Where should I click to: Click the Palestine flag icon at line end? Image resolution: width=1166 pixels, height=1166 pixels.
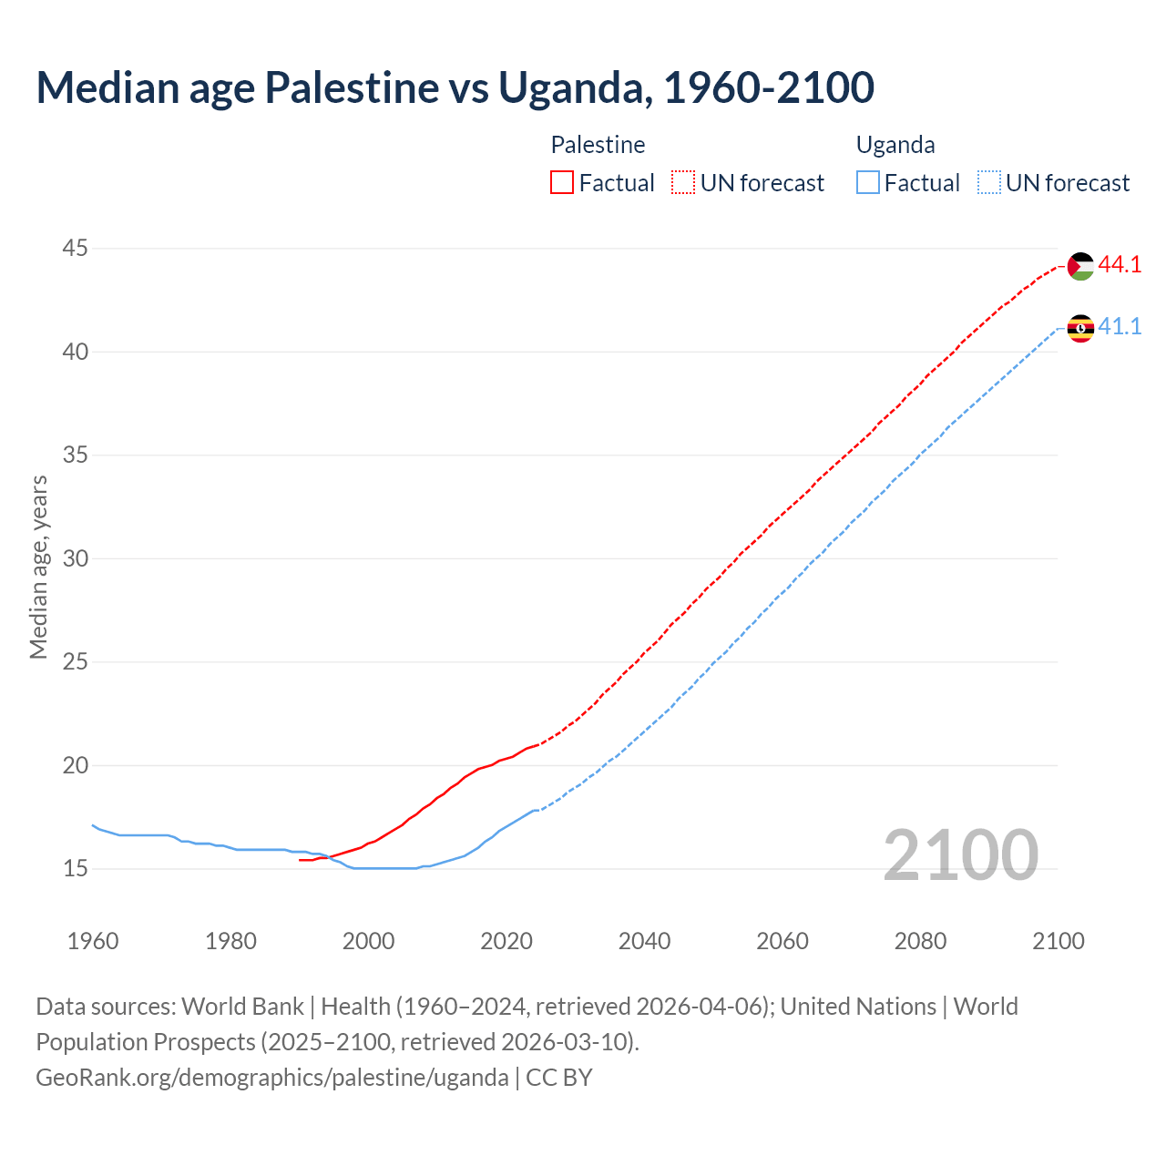point(1080,266)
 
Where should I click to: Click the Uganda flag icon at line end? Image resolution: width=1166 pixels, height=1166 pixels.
point(1080,328)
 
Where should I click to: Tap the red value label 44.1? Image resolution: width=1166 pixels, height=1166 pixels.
point(1120,265)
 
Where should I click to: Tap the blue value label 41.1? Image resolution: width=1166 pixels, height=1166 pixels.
point(1120,327)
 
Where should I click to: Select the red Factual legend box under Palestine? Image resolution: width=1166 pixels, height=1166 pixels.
point(562,183)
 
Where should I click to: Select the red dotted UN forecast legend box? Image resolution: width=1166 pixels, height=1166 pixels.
point(683,183)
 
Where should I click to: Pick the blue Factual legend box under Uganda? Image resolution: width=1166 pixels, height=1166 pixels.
point(868,183)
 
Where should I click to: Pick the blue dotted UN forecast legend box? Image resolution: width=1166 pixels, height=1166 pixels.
point(989,183)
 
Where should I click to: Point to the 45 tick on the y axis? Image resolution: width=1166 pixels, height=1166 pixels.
point(76,248)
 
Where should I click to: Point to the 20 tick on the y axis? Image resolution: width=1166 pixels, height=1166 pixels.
point(76,765)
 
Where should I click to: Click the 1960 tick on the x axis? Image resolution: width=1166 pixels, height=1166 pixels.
point(93,941)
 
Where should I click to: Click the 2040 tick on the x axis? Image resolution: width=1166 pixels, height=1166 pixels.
point(644,941)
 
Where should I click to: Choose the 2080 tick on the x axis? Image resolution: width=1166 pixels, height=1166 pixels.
point(920,941)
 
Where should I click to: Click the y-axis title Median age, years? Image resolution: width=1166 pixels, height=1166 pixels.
point(38,567)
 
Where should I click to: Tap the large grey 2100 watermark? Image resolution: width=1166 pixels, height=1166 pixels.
point(960,854)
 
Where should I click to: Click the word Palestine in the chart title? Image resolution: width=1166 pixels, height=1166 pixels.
point(351,87)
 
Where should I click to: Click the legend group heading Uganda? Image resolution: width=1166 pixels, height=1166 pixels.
point(895,145)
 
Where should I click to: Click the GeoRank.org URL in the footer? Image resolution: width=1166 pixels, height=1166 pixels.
point(271,1078)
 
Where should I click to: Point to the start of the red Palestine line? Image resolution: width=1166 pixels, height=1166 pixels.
point(301,860)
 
